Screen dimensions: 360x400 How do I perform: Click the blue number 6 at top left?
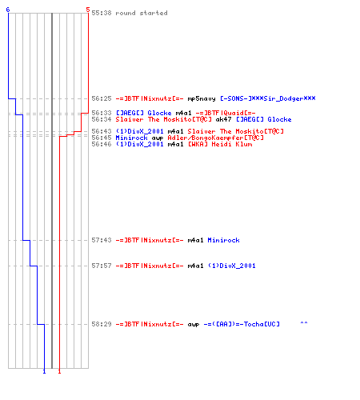point(8,10)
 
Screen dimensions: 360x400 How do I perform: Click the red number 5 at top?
point(88,10)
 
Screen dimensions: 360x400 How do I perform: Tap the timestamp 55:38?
point(102,13)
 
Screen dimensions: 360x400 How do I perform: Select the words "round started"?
point(142,13)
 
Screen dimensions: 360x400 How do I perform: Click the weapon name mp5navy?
point(202,98)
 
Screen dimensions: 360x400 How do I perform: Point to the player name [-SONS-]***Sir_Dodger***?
point(268,98)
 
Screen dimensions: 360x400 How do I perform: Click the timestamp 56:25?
point(102,98)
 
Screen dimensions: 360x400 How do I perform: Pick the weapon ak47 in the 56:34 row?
point(223,119)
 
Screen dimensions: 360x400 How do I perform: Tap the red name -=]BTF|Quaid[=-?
point(226,113)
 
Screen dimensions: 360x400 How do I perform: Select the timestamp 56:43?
point(102,131)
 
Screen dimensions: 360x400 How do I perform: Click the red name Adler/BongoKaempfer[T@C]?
point(215,138)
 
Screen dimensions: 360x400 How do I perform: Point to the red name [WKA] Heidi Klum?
point(220,144)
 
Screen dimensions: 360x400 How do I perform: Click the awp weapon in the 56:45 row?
point(158,138)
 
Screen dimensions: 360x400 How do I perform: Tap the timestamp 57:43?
point(102,240)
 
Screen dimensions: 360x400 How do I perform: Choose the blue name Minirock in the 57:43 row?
point(223,240)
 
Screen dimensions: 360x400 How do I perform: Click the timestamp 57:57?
point(102,266)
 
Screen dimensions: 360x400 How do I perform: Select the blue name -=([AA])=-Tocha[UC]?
point(242,324)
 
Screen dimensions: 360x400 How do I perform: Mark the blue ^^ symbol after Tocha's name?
point(304,323)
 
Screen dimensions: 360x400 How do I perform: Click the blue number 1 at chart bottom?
point(44,371)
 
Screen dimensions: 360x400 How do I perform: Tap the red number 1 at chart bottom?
point(59,371)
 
